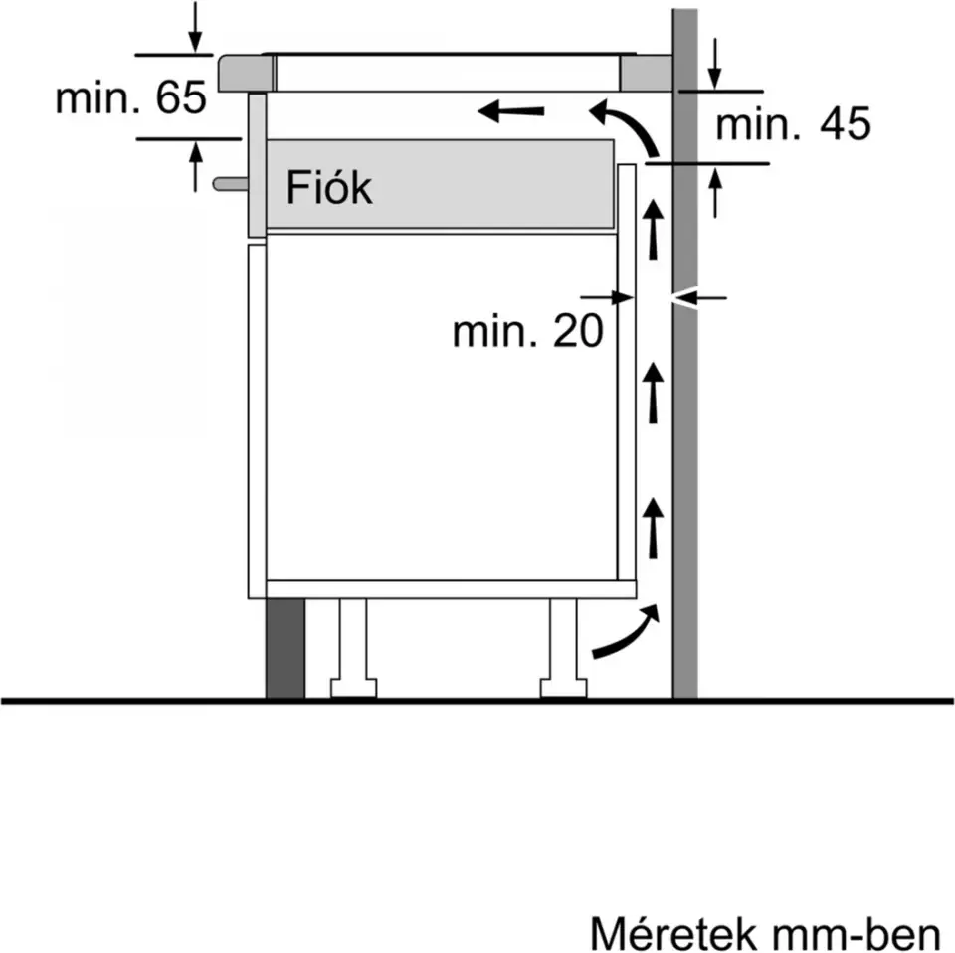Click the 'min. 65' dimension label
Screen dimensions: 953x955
click(x=130, y=98)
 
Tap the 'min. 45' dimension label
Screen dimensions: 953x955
click(x=793, y=124)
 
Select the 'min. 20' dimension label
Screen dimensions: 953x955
click(x=527, y=331)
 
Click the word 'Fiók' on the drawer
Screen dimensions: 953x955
click(x=329, y=188)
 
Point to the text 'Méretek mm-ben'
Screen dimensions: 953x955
click(x=764, y=935)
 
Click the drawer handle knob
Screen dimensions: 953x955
click(x=229, y=184)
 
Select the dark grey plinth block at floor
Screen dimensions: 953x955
click(x=286, y=649)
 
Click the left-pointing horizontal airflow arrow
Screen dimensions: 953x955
click(x=511, y=111)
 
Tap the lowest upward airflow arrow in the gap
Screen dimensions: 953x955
click(x=654, y=527)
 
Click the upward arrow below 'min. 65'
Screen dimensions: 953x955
click(x=196, y=165)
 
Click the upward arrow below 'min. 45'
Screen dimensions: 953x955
click(x=715, y=192)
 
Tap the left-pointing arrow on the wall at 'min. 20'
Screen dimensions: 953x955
click(x=701, y=296)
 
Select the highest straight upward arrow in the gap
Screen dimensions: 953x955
click(x=654, y=228)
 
